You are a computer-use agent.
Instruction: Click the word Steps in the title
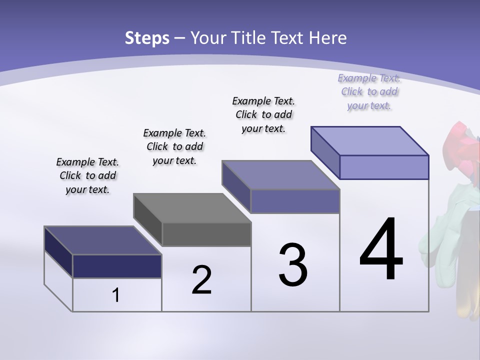pos(147,38)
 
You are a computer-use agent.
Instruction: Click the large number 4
pos(381,250)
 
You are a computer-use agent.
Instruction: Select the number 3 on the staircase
pos(293,265)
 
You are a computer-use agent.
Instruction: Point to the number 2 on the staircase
pos(201,280)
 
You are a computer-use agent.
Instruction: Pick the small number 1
pos(116,295)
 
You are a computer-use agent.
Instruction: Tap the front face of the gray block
pos(206,234)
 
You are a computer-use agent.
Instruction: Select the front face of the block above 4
pos(384,167)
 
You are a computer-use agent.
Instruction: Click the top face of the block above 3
pos(280,175)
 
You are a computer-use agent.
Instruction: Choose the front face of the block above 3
pos(295,201)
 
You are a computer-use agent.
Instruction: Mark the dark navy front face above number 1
pos(117,266)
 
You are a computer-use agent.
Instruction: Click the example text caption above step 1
pos(87,176)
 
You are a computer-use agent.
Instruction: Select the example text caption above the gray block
pos(174,146)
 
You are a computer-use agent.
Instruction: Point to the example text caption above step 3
pos(263,114)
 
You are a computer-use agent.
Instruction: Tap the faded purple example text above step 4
pos(369,91)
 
